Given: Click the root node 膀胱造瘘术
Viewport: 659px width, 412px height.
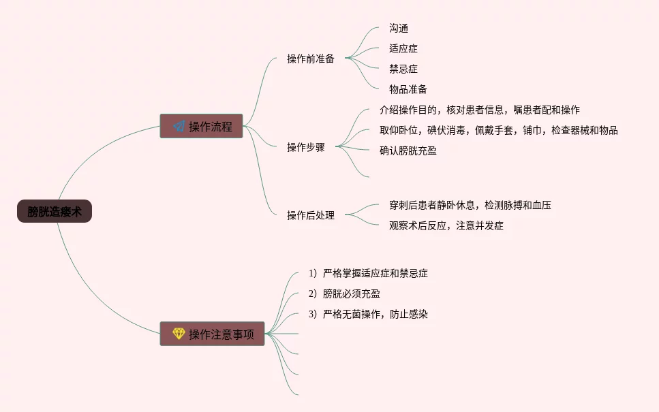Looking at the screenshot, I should [x=55, y=212].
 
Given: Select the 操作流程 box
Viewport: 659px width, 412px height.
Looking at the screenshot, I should [x=202, y=126].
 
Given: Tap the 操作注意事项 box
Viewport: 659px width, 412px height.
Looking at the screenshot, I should [x=212, y=334].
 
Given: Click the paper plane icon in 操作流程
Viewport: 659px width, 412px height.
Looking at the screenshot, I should [x=179, y=126].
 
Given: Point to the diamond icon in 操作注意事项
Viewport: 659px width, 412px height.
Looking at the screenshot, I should [x=179, y=334].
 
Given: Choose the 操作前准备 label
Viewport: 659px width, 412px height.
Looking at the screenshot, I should [x=311, y=59].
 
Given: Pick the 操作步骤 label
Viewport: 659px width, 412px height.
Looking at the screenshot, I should [x=306, y=147].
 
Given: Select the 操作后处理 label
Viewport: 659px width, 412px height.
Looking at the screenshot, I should [x=311, y=215].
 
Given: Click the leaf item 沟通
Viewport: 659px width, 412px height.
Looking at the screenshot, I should [x=399, y=28].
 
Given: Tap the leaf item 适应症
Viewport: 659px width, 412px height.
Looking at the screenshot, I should [x=403, y=48].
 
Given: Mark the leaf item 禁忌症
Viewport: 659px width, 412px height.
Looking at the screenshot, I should [x=403, y=69].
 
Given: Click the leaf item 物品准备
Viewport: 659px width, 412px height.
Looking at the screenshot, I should [x=408, y=89].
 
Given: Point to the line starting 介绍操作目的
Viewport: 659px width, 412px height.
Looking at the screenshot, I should [x=480, y=110].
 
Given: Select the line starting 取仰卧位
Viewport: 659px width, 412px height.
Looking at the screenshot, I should [x=499, y=130].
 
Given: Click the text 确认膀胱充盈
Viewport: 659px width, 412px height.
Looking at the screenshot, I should [x=408, y=150].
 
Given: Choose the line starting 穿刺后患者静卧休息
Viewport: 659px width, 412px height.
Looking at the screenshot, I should [x=470, y=204].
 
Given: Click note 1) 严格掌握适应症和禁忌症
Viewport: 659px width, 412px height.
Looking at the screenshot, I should [x=368, y=273].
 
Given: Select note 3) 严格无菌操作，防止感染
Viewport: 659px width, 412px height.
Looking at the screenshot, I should [x=368, y=314].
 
